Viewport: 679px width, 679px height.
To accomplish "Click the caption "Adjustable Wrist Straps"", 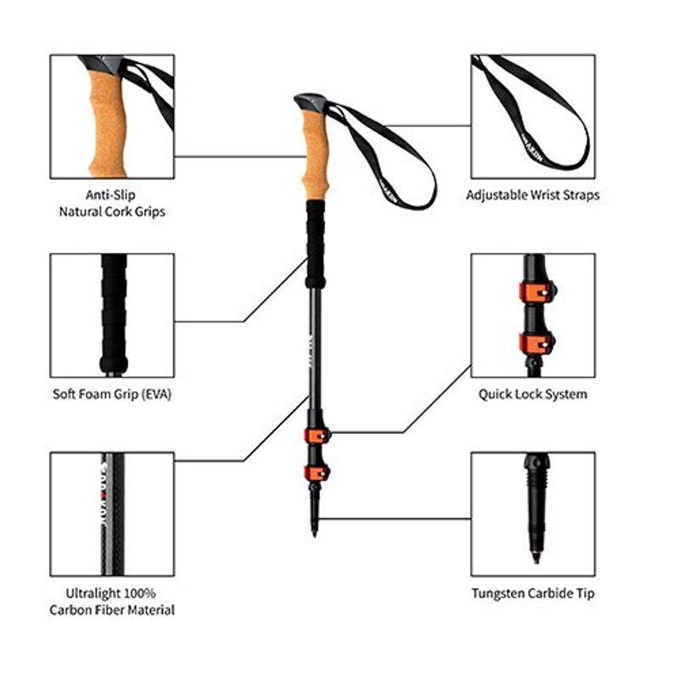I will (532, 194).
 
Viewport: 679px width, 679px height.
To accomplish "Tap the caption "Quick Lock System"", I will (532, 394).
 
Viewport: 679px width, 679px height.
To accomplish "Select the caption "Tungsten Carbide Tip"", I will (533, 593).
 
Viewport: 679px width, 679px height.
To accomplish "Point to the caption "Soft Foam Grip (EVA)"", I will (111, 394).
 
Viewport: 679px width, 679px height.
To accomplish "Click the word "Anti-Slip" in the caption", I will (111, 194).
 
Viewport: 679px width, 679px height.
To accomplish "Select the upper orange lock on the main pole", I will (317, 435).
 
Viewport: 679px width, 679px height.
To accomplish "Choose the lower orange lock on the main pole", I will (317, 472).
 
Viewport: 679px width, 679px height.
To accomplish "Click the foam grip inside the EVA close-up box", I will (114, 314).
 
